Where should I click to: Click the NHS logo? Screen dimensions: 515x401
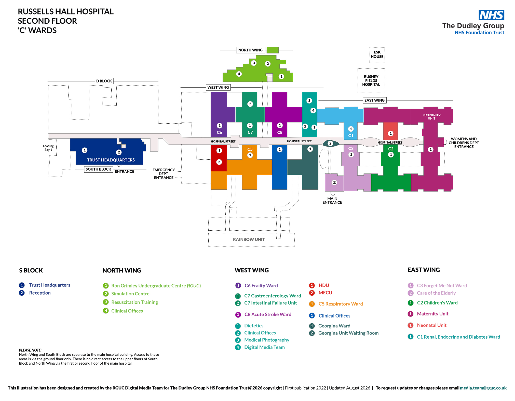click(x=491, y=15)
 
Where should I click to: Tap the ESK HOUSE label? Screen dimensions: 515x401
click(x=377, y=54)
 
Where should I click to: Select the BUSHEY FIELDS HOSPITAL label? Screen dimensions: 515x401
click(x=371, y=81)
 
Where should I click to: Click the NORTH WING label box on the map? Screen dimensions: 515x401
click(x=250, y=50)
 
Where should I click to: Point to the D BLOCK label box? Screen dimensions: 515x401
click(x=104, y=81)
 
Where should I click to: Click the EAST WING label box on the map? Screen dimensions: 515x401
click(x=374, y=100)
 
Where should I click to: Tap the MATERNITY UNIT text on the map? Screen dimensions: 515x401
click(x=431, y=117)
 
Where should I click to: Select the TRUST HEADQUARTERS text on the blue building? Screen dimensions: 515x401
click(x=111, y=160)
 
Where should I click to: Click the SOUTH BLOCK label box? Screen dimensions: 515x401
click(x=98, y=169)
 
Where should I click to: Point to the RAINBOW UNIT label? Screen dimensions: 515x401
click(x=249, y=240)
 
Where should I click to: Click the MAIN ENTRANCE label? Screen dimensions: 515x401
click(x=332, y=201)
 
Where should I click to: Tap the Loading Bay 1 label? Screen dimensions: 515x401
click(x=48, y=148)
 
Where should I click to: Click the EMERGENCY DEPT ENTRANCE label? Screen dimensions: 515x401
click(x=164, y=174)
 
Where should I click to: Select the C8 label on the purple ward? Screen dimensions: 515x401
click(x=280, y=132)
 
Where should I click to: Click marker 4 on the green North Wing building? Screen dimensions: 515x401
click(x=239, y=74)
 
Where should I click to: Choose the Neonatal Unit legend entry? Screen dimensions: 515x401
click(x=427, y=325)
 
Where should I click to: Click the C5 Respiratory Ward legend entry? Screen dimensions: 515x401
click(x=336, y=304)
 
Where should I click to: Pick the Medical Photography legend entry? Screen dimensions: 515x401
click(x=262, y=340)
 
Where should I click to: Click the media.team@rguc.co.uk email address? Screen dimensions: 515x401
click(x=483, y=388)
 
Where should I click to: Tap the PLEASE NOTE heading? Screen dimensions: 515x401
click(x=30, y=350)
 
